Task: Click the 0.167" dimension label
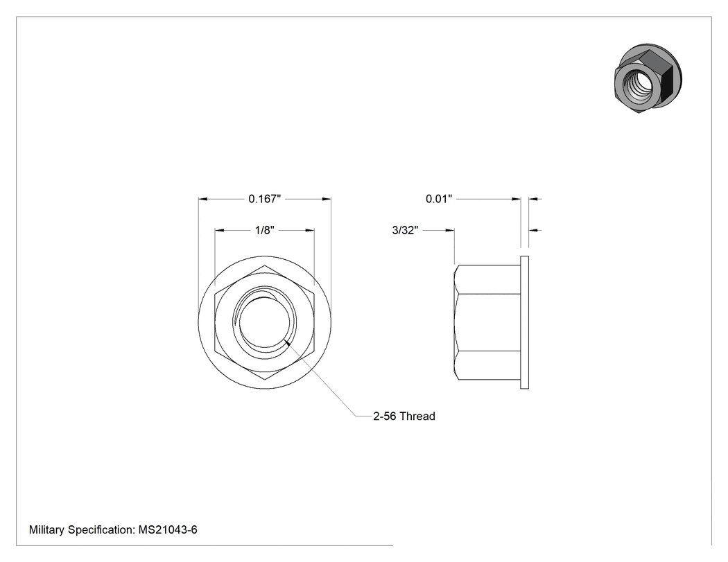coord(265,199)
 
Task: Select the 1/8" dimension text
coord(265,230)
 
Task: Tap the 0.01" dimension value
coord(439,199)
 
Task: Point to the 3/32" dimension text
coord(406,230)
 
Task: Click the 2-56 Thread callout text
coord(404,416)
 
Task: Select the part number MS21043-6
coord(168,529)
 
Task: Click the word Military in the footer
coord(47,529)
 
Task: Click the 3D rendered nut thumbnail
coord(648,79)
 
